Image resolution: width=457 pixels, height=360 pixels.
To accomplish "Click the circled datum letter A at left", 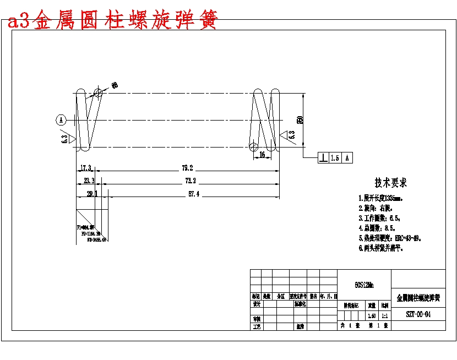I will pos(61,119).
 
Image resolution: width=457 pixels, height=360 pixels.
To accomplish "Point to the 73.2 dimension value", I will pos(191,181).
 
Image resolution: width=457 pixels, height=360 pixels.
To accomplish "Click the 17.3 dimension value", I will pos(86,168).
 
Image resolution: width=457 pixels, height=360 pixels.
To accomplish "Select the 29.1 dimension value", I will pos(92,193).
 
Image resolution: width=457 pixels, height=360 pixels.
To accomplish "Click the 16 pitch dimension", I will pos(262,155).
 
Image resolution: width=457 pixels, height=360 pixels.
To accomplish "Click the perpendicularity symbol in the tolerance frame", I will pos(323,159).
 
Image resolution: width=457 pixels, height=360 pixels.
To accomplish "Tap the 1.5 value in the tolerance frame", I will pos(335,159).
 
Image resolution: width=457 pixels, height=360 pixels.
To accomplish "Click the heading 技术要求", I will pos(391,183).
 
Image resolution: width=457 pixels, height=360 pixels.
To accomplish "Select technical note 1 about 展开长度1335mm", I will pos(380,198).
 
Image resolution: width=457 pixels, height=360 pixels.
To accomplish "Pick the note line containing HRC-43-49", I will pos(393,238).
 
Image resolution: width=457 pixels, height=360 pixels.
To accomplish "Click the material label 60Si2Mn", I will pos(364,285).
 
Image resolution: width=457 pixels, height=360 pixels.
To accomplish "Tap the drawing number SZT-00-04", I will pos(418,315).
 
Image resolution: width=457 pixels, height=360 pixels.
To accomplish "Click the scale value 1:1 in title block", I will pos(385,315).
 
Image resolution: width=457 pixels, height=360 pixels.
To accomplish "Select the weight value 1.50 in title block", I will pos(372,315).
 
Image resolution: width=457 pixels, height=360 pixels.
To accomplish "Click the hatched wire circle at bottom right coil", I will pos(253,146).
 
